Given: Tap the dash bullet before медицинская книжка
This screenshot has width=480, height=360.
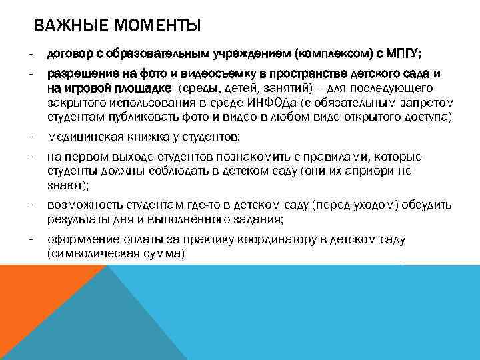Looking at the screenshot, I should [x=31, y=137].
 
